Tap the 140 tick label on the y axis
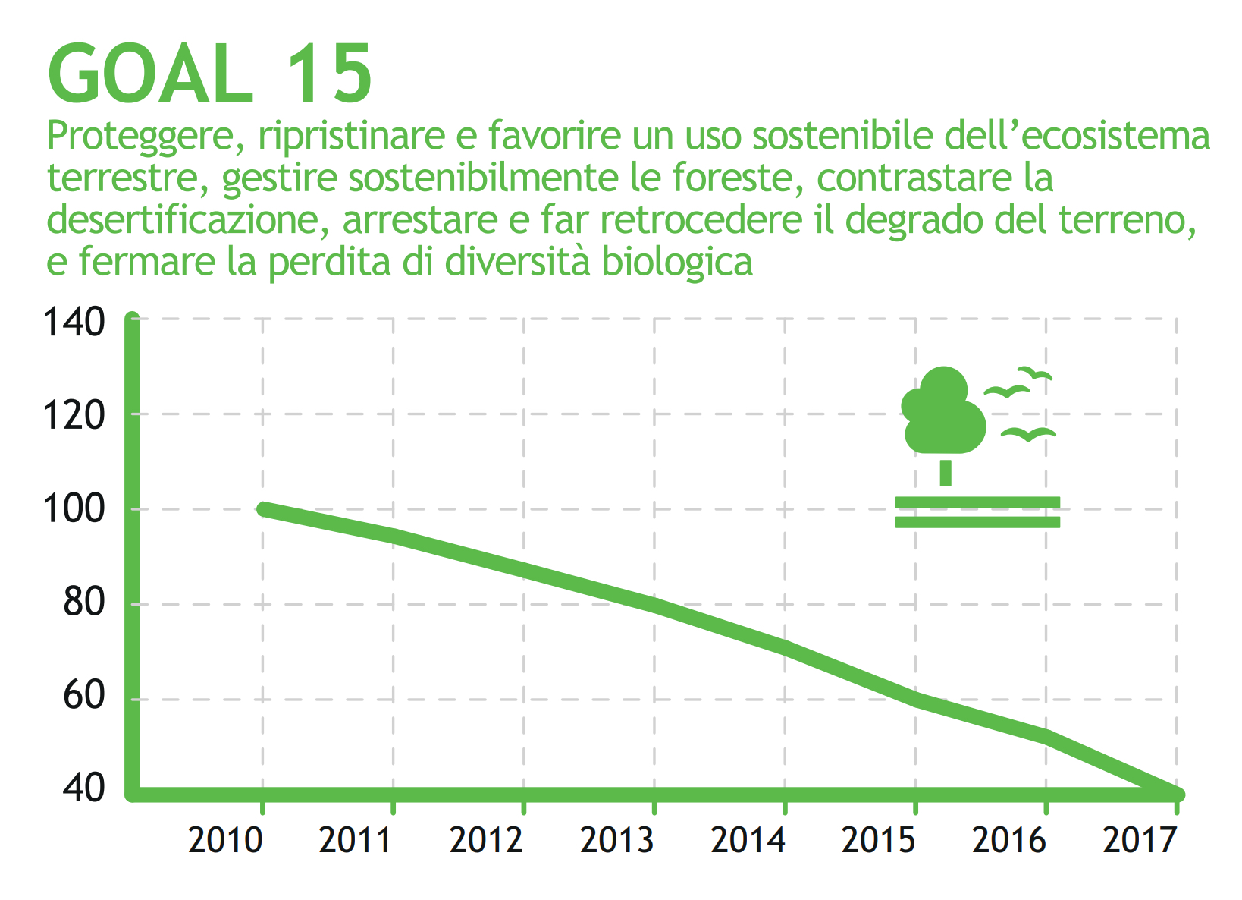point(74,323)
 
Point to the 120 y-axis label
point(74,416)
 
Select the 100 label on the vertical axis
point(74,509)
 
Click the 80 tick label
point(83,603)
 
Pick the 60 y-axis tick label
point(83,696)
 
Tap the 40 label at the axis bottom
point(83,789)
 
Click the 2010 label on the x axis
point(225,841)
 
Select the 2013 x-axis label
point(617,841)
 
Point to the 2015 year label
point(879,841)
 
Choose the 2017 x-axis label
point(1140,841)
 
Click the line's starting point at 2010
point(263,509)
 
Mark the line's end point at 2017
point(1177,794)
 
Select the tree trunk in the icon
point(946,472)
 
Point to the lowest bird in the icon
point(1028,434)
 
